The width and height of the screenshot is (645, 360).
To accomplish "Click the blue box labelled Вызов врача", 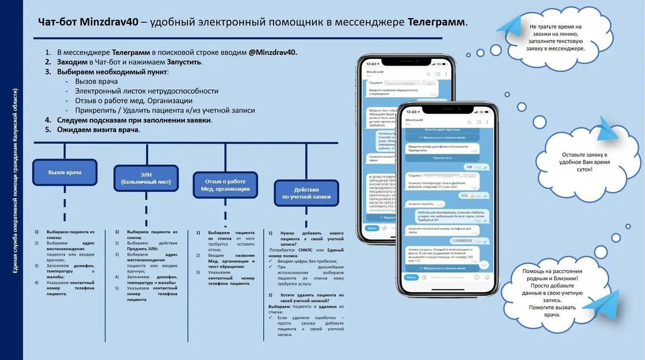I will point(64,172).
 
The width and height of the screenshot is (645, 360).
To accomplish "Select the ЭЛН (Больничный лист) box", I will point(146,178).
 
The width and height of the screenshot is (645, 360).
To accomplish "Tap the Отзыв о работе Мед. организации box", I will point(225,185).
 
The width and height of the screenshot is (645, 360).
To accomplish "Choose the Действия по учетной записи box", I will point(306,193).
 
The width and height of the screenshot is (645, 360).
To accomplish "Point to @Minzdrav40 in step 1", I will point(273,52).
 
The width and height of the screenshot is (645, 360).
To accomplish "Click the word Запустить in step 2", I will point(184,62).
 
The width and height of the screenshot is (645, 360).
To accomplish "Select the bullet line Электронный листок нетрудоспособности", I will point(147,91).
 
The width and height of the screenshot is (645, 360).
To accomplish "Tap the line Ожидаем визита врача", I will point(98,130).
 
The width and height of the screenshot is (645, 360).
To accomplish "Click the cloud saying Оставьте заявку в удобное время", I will point(585,162).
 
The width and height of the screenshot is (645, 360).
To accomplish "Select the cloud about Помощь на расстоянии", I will point(552,292).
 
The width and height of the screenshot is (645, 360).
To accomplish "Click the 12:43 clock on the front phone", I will point(412,112).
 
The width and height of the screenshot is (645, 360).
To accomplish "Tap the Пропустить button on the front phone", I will point(442,158).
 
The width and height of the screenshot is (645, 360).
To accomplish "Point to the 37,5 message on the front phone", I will point(464,196).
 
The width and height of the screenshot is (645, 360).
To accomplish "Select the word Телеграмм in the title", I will point(436,22).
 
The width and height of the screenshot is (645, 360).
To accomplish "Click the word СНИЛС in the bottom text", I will point(305,250).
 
